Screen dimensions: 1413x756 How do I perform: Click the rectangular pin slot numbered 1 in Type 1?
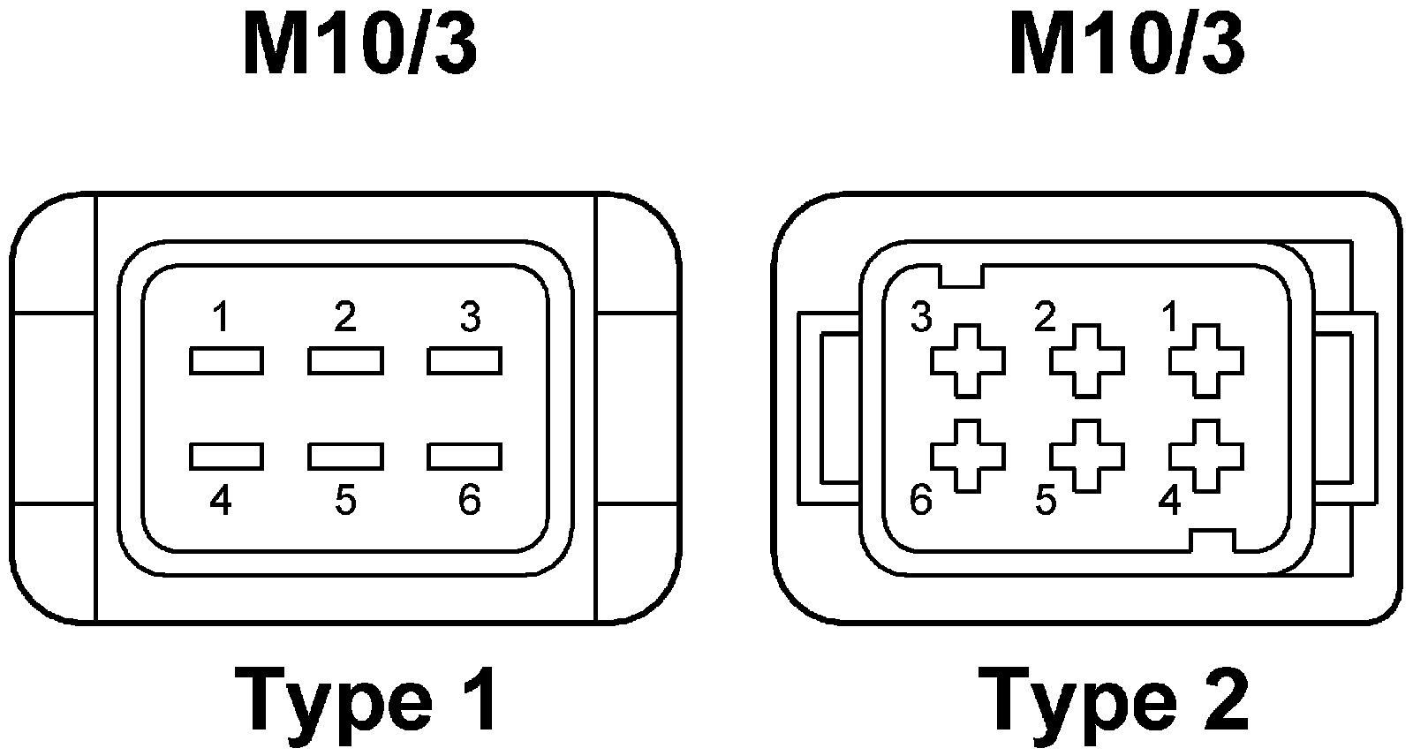226,361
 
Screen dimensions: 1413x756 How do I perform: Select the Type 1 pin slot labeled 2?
345,361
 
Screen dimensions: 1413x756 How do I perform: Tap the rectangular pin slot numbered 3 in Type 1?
465,361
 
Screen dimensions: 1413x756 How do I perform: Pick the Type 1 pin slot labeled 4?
226,456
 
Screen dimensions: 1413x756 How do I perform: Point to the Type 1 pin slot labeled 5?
345,456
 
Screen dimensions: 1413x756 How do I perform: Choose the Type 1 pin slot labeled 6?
465,456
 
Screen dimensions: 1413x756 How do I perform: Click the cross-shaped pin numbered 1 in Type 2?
1206,360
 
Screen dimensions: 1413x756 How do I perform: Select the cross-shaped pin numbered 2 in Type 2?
1087,360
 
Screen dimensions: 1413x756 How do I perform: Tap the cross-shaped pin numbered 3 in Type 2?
968,360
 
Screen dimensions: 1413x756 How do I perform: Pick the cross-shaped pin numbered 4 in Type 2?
1206,456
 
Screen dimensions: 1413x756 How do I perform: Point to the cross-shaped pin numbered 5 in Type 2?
1087,456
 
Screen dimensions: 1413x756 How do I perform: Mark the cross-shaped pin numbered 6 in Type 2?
968,456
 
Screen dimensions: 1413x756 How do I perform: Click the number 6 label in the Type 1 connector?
469,501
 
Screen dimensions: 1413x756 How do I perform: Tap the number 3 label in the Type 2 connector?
921,318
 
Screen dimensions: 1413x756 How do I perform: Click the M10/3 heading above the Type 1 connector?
360,46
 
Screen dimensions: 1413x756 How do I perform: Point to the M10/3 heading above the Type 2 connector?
1126,46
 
